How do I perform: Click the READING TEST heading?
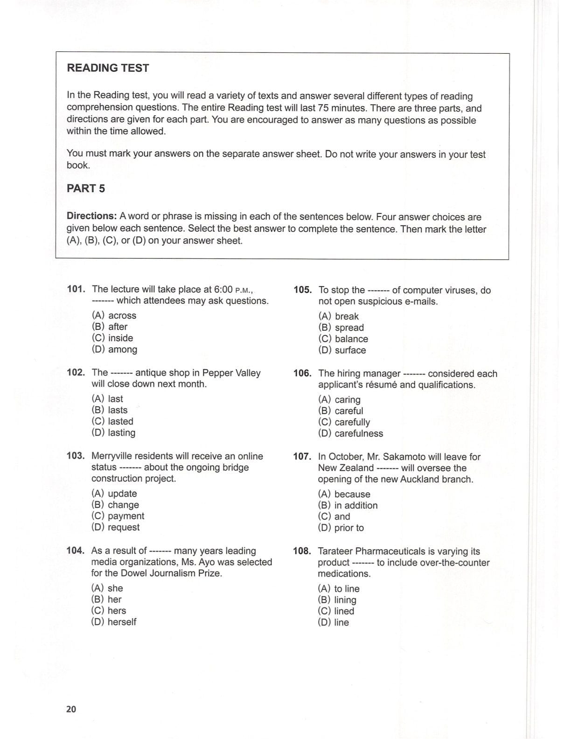tap(108, 68)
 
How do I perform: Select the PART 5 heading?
tap(86, 188)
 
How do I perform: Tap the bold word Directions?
tap(91, 216)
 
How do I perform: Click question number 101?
tap(76, 289)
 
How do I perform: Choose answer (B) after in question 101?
tap(110, 327)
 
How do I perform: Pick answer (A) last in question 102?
tap(107, 399)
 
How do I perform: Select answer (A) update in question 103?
tap(114, 494)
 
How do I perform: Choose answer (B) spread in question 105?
tap(341, 328)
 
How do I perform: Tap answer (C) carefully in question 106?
tap(344, 422)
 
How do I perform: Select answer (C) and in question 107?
tap(334, 516)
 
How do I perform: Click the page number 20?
tap(71, 709)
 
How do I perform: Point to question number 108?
tap(302, 551)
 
